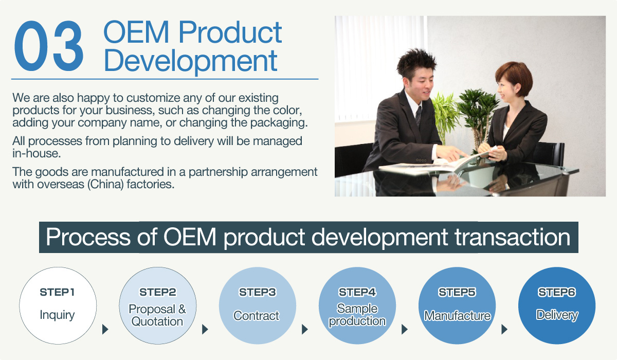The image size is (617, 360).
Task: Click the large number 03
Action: click(49, 46)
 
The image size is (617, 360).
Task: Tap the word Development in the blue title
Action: click(191, 61)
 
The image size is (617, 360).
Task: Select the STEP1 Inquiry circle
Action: click(58, 305)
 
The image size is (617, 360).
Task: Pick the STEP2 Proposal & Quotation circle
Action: click(157, 305)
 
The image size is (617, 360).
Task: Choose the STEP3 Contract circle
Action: click(258, 305)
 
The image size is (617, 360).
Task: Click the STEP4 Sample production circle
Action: click(357, 305)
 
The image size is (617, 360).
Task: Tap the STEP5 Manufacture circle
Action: click(457, 305)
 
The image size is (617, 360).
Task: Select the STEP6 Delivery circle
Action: click(557, 305)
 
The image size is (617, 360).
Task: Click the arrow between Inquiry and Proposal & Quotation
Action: click(105, 329)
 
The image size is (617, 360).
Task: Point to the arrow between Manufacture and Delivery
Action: click(504, 329)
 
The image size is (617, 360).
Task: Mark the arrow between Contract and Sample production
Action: click(304, 329)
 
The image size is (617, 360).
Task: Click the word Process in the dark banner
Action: click(88, 237)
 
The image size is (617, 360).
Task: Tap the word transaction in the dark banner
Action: click(512, 237)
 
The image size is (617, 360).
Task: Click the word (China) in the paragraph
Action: click(105, 184)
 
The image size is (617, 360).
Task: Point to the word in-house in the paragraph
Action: click(37, 153)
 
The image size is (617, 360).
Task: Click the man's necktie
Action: click(419, 115)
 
